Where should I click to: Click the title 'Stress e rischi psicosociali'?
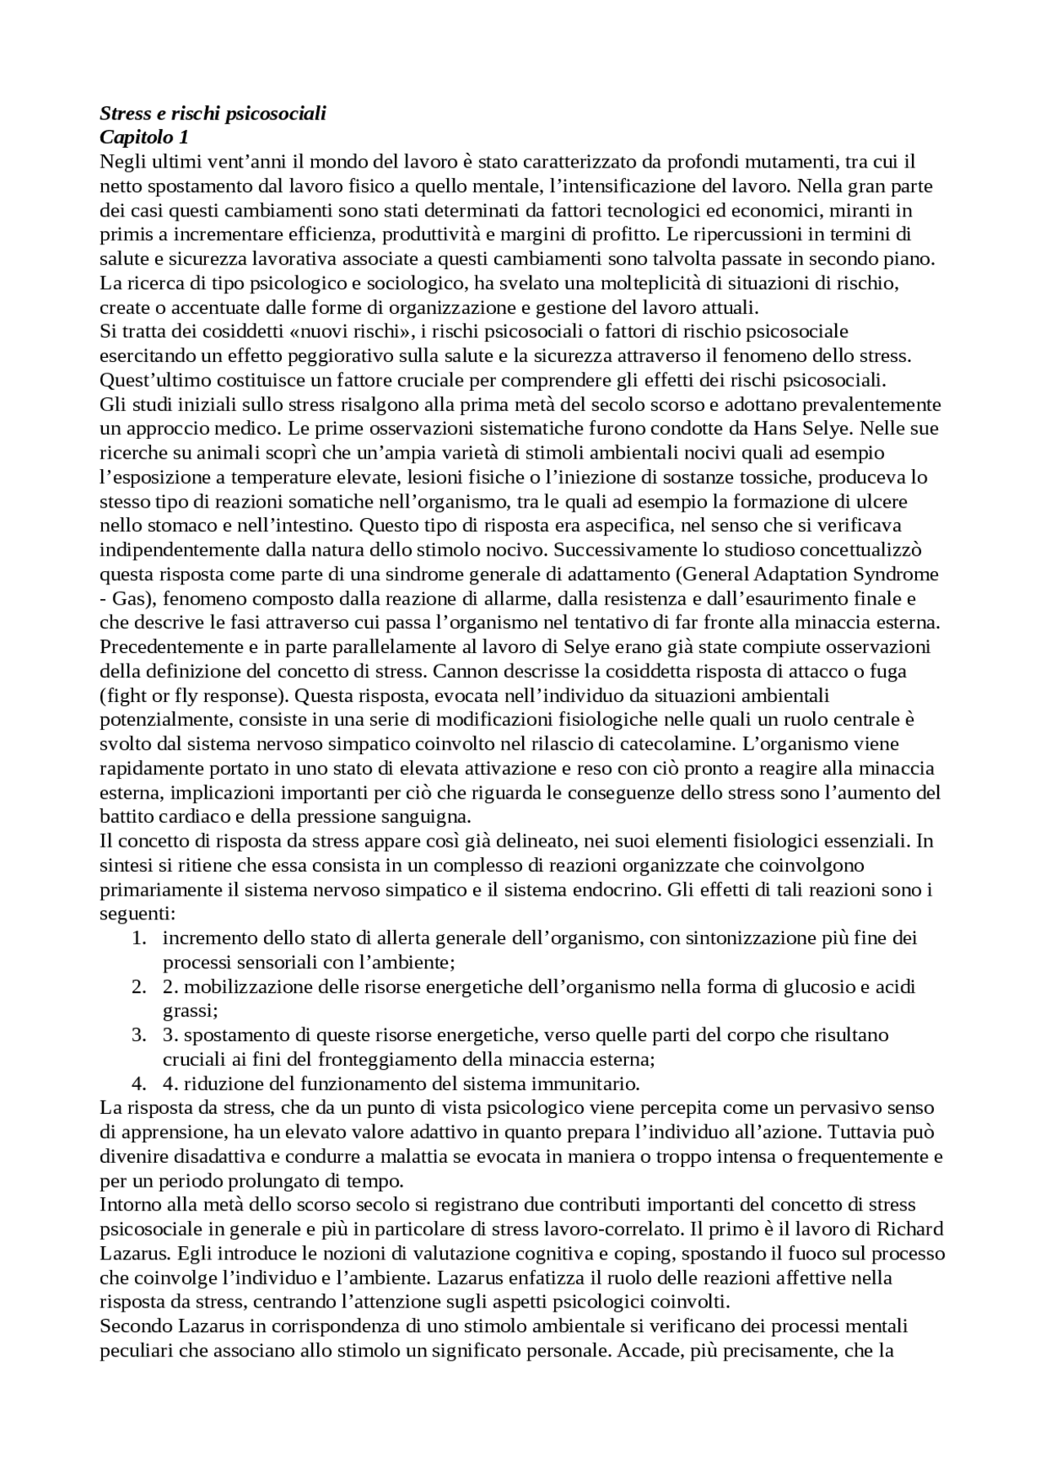click(x=212, y=114)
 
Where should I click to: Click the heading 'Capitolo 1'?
click(x=144, y=137)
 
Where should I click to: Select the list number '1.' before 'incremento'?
click(x=140, y=939)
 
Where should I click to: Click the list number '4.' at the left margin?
click(x=140, y=1084)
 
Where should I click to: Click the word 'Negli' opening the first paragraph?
click(x=120, y=162)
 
